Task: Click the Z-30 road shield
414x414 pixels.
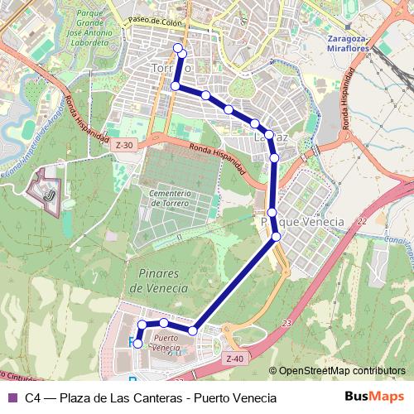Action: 123,144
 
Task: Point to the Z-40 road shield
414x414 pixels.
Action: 233,358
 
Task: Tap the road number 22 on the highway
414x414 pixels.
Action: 362,221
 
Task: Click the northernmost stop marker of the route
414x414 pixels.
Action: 177,47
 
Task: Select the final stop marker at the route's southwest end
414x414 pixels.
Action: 138,343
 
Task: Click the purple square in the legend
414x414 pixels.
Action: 12,397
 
